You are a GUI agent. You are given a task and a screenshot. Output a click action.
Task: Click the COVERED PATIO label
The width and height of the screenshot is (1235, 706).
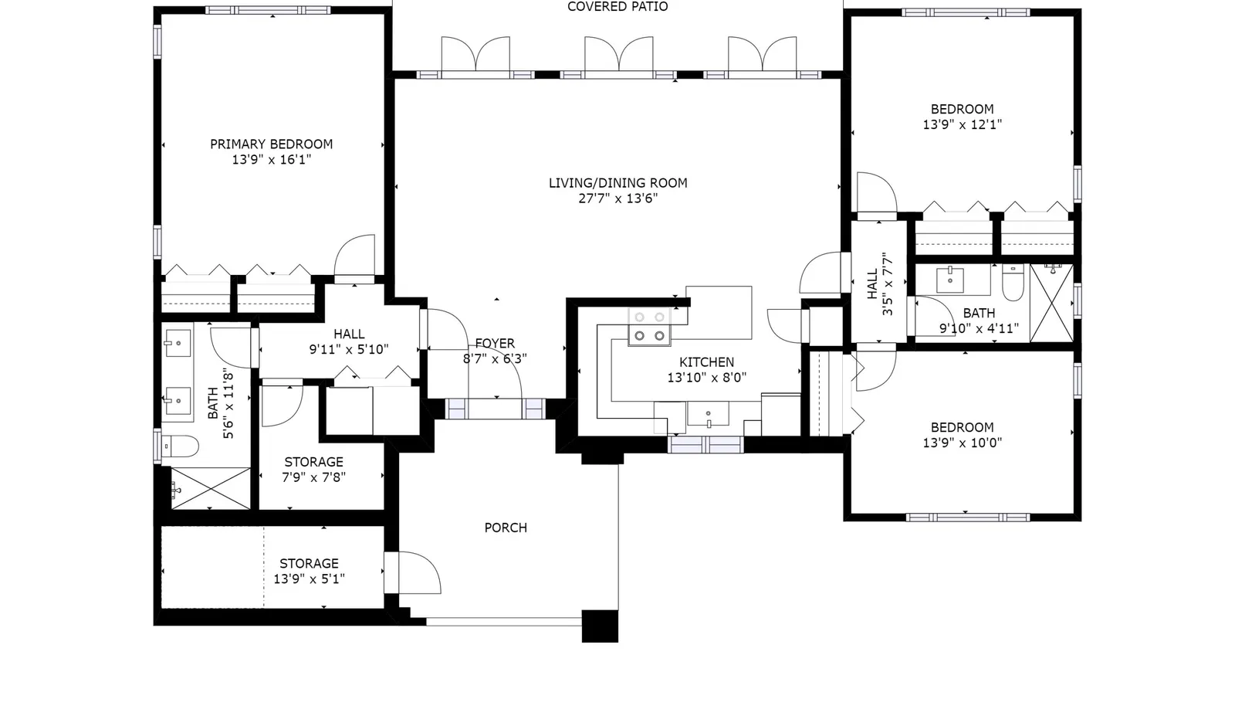pos(617,7)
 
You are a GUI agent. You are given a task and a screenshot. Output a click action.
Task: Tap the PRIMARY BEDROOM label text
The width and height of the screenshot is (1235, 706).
pos(271,144)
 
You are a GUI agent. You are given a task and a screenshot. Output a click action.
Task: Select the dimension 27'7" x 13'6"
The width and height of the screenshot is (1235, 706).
pos(617,199)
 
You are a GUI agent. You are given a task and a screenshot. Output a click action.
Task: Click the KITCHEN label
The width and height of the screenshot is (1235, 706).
pos(706,362)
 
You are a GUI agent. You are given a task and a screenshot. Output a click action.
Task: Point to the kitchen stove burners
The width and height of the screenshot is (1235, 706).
pos(649,327)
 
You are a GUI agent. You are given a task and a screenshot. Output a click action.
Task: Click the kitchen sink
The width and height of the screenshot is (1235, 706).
pos(708,414)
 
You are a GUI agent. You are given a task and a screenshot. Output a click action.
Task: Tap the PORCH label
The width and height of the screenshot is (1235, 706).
pos(506,528)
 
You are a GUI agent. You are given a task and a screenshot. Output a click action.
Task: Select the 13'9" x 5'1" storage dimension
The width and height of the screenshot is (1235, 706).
pos(310,579)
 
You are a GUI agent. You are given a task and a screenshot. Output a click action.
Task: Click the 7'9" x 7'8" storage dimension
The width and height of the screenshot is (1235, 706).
pos(313,477)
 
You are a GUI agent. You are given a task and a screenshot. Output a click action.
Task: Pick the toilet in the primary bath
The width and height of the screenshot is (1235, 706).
pos(181,446)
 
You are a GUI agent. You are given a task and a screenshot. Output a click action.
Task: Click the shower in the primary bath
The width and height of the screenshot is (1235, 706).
pos(211,488)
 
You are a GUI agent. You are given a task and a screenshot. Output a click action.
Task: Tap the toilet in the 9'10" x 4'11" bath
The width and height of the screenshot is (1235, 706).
pos(1013,283)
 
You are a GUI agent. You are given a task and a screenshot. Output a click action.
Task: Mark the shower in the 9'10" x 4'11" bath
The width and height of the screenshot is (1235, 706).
pos(1051,303)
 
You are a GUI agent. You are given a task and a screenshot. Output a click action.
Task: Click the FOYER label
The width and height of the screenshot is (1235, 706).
pos(495,344)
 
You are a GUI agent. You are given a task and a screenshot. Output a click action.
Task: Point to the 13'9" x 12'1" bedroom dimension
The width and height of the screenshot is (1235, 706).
pos(962,124)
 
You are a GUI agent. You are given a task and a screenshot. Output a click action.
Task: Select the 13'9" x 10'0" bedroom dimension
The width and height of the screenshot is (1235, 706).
pos(962,443)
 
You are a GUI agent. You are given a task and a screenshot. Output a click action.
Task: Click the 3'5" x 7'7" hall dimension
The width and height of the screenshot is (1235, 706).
pos(887,284)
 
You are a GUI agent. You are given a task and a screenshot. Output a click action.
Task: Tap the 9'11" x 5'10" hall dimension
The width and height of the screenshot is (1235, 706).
pos(349,349)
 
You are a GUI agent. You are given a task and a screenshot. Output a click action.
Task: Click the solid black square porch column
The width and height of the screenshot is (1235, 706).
pos(600,626)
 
